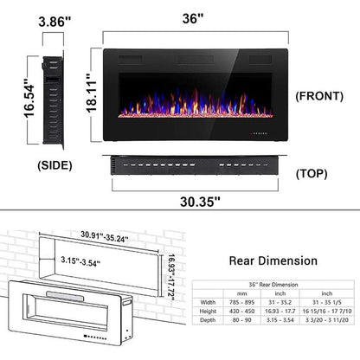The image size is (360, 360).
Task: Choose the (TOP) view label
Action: [312, 172]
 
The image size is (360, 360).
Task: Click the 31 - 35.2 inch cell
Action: [282, 300]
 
